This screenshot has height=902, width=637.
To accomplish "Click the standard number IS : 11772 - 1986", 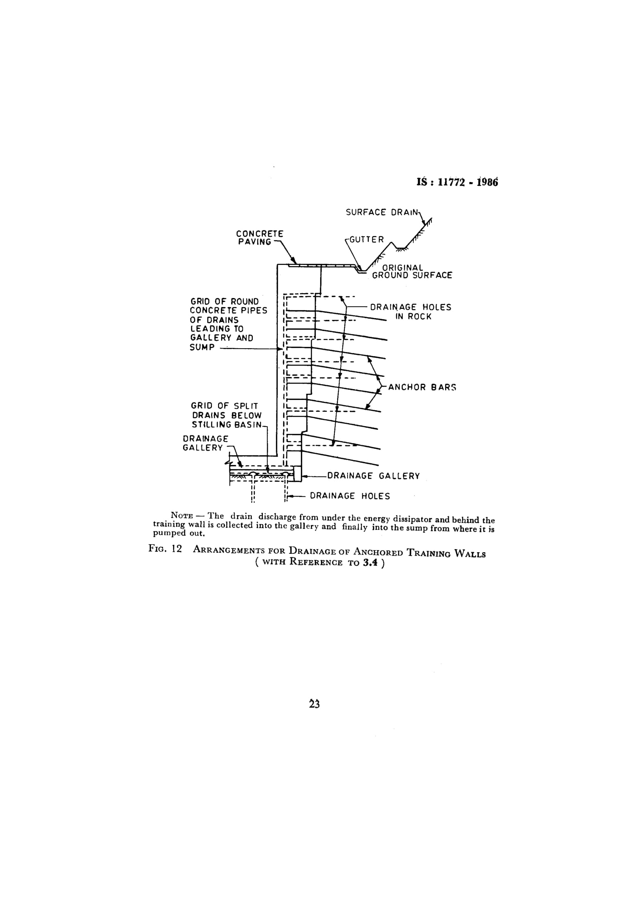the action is tap(457, 182).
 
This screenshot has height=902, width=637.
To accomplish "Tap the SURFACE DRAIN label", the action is tap(382, 212).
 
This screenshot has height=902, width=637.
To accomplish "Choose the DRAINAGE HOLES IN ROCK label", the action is tap(411, 312).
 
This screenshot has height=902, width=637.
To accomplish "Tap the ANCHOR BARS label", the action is tap(422, 387).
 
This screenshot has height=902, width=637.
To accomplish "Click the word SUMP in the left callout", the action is tap(202, 347).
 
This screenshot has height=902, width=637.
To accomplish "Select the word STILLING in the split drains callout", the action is tap(209, 425).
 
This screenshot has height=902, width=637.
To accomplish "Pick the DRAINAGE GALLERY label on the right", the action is tap(373, 476).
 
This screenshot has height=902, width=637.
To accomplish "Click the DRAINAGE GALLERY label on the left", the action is tap(205, 443).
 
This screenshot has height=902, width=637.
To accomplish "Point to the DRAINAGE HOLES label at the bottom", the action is tap(350, 496).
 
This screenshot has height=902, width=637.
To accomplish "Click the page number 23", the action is tap(314, 705).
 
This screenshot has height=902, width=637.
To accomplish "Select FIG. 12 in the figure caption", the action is tap(165, 549).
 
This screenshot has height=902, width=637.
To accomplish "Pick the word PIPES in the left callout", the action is tap(255, 310).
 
